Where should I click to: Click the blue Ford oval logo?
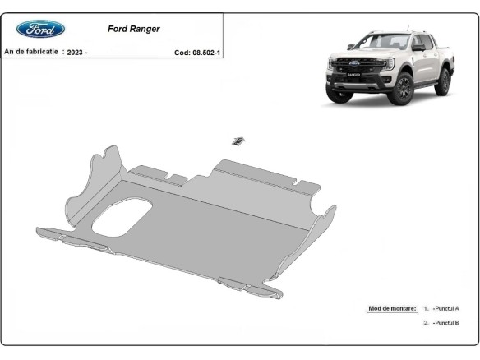pos(40,29)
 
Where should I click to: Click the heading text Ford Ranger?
pos(134,28)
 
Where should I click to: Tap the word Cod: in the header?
pos(182,52)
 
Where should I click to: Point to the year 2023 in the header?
pos(76,52)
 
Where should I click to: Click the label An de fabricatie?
pos(31,51)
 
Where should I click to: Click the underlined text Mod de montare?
pos(391,308)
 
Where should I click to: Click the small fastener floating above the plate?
pos(238,141)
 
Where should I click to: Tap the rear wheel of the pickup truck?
pos(445,81)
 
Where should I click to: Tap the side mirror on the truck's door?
pos(418,48)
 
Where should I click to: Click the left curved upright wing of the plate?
pos(93,177)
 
